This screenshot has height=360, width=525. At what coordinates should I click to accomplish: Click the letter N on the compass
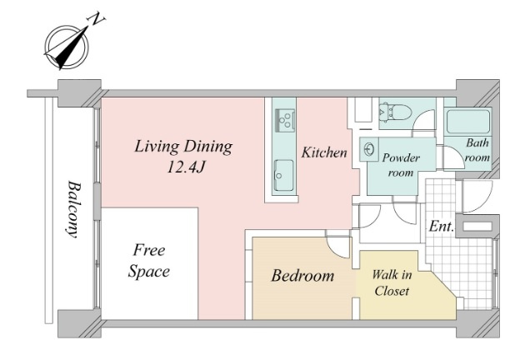pyautogui.click(x=96, y=19)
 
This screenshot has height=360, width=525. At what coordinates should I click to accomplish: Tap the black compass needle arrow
pyautogui.click(x=72, y=47)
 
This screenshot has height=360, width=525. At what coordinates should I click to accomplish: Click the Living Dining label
pyautogui.click(x=183, y=147)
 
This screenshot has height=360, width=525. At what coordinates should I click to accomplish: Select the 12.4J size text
pyautogui.click(x=185, y=167)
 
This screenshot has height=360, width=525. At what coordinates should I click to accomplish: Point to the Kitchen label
pyautogui.click(x=324, y=152)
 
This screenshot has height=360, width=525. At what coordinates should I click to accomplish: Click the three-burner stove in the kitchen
pyautogui.click(x=285, y=120)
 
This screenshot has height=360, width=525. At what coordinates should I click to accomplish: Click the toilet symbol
pyautogui.click(x=394, y=111)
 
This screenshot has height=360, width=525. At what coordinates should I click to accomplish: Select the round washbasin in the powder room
pyautogui.click(x=368, y=149)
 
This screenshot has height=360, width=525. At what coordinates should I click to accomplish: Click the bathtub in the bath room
pyautogui.click(x=468, y=121)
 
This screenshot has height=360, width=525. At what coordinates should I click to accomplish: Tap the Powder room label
pyautogui.click(x=401, y=165)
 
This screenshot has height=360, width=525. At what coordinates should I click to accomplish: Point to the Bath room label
pyautogui.click(x=477, y=150)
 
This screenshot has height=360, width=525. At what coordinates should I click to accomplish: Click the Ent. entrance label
pyautogui.click(x=442, y=227)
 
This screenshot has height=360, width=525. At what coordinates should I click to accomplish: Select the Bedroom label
pyautogui.click(x=302, y=276)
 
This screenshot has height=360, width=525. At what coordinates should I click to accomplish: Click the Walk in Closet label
pyautogui.click(x=392, y=282)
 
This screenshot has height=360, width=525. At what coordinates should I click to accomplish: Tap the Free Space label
pyautogui.click(x=148, y=261)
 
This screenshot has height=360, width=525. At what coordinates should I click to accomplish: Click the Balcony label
pyautogui.click(x=73, y=209)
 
